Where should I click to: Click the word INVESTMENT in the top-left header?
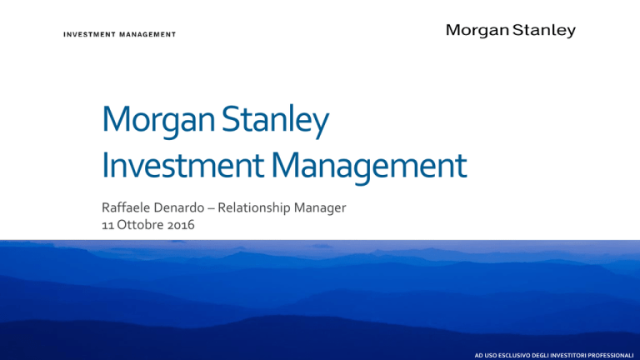[89, 35]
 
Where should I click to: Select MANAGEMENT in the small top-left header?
[147, 35]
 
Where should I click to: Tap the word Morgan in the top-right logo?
[477, 31]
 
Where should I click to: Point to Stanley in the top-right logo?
[544, 31]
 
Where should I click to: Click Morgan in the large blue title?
[158, 120]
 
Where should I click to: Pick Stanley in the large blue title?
[276, 120]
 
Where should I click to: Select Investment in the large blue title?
[182, 166]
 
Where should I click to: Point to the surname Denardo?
[181, 207]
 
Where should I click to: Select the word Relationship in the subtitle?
[253, 208]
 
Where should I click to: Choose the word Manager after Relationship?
[320, 208]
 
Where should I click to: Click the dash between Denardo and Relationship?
[211, 208]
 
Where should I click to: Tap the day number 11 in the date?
[107, 225]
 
